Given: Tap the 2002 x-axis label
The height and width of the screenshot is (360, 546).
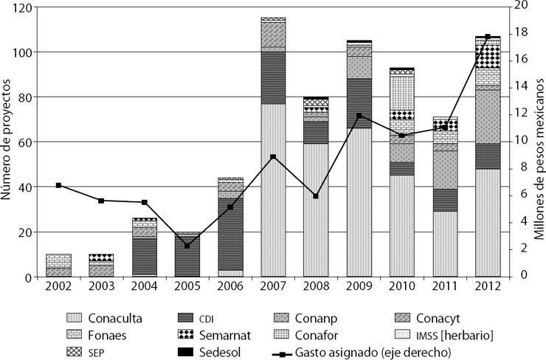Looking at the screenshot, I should tap(59, 285).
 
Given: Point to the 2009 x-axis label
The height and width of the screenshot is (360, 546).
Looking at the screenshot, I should tap(359, 285).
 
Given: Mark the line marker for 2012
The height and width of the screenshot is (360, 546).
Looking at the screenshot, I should tap(487, 37).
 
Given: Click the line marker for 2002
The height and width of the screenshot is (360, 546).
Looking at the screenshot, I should tap(59, 185).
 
